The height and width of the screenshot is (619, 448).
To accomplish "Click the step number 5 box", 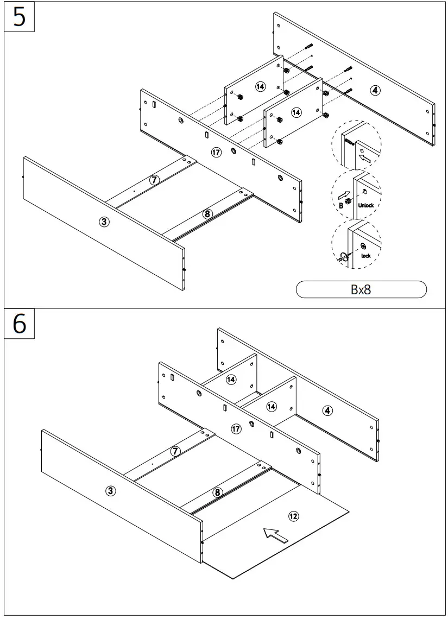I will (x=20, y=17).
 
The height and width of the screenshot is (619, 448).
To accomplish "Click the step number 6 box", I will (x=20, y=324).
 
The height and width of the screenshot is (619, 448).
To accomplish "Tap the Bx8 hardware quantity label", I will (x=361, y=289).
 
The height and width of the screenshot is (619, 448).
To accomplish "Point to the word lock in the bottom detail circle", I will (x=365, y=255).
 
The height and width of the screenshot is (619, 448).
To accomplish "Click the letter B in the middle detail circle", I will (x=341, y=206).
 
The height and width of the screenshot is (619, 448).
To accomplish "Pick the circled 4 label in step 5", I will (x=375, y=90).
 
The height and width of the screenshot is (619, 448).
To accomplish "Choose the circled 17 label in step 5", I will (x=216, y=153).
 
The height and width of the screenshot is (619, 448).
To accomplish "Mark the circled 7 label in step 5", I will (x=154, y=180).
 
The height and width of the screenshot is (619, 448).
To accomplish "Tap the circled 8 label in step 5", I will (x=207, y=213).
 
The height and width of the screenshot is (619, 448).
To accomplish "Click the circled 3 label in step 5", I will (x=104, y=221).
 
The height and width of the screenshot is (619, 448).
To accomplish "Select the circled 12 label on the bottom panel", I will (x=293, y=516).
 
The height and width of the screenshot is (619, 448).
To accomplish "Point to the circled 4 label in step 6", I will (x=327, y=410).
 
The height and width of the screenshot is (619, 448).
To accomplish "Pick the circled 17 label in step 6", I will (x=236, y=429).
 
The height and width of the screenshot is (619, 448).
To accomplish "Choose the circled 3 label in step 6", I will (x=110, y=491).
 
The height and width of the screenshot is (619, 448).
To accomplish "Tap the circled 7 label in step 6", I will (x=175, y=451).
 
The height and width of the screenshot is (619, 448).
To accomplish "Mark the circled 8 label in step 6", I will (x=217, y=492).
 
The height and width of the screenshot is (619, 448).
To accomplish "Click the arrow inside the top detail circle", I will (x=365, y=159).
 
